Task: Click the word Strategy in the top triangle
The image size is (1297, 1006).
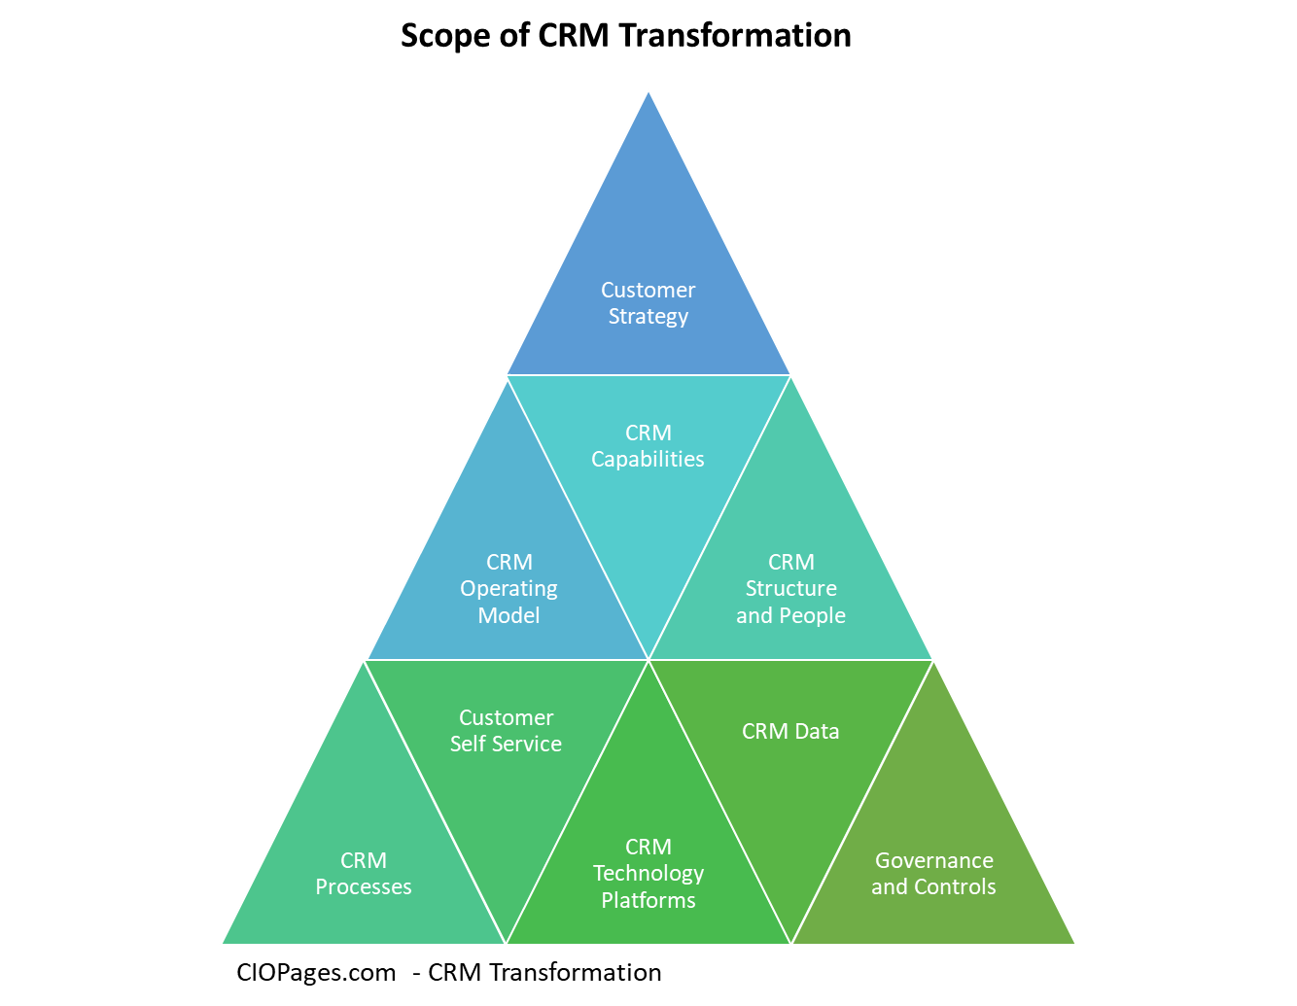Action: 648,317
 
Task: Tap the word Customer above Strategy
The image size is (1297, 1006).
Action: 648,290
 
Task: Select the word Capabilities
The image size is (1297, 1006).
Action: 648,459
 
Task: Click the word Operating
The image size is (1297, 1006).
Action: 508,589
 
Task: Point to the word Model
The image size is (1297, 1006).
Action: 508,615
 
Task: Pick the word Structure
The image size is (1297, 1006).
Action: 790,589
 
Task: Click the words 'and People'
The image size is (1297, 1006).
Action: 790,615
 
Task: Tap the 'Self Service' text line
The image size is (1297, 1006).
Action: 506,745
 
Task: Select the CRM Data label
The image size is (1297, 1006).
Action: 790,731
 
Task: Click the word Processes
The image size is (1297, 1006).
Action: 364,886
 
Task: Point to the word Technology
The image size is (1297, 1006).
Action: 648,874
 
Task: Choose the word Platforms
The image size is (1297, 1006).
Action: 648,900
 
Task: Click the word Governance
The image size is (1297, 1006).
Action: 933,860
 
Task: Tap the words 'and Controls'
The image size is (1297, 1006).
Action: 933,886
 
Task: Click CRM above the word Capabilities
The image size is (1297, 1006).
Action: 648,433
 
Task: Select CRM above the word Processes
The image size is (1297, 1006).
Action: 364,860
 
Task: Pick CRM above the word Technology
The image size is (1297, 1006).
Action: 648,848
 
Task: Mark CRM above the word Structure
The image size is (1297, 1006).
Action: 790,562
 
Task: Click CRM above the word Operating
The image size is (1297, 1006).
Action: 508,562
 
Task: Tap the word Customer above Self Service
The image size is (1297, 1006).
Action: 506,717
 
